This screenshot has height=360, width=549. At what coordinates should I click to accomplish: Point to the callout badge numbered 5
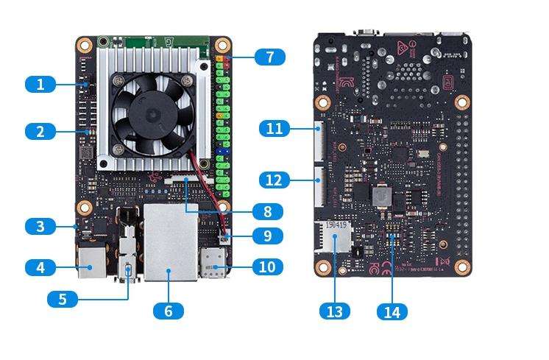[x=63, y=299]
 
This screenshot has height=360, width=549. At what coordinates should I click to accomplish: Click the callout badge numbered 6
[x=169, y=311]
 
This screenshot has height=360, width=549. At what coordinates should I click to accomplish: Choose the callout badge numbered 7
[x=270, y=57]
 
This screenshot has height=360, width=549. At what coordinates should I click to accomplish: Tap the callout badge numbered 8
[x=267, y=212]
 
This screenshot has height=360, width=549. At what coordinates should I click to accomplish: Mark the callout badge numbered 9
[x=267, y=236]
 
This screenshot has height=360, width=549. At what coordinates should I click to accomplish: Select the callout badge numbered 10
[x=267, y=267]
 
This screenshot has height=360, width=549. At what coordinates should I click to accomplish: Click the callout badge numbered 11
[x=274, y=129]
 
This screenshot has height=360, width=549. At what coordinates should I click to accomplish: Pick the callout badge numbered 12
[x=274, y=180]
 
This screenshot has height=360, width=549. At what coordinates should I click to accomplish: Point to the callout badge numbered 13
[x=334, y=311]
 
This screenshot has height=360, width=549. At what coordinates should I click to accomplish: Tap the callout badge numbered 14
[x=392, y=311]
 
